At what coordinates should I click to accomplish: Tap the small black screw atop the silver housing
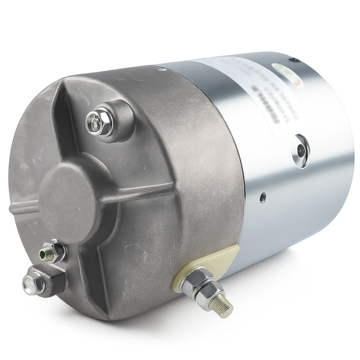pos(293,59)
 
